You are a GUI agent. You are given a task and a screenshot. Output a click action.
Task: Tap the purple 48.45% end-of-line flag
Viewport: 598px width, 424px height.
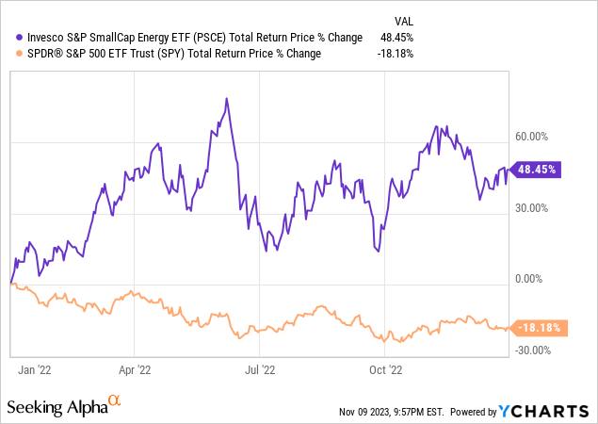(538, 170)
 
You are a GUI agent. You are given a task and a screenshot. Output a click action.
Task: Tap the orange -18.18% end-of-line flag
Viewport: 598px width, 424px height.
(538, 328)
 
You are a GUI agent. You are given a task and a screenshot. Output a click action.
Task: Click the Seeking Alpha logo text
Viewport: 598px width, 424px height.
(57, 408)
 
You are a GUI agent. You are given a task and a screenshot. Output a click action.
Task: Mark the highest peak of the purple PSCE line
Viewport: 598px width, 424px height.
(227, 98)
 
